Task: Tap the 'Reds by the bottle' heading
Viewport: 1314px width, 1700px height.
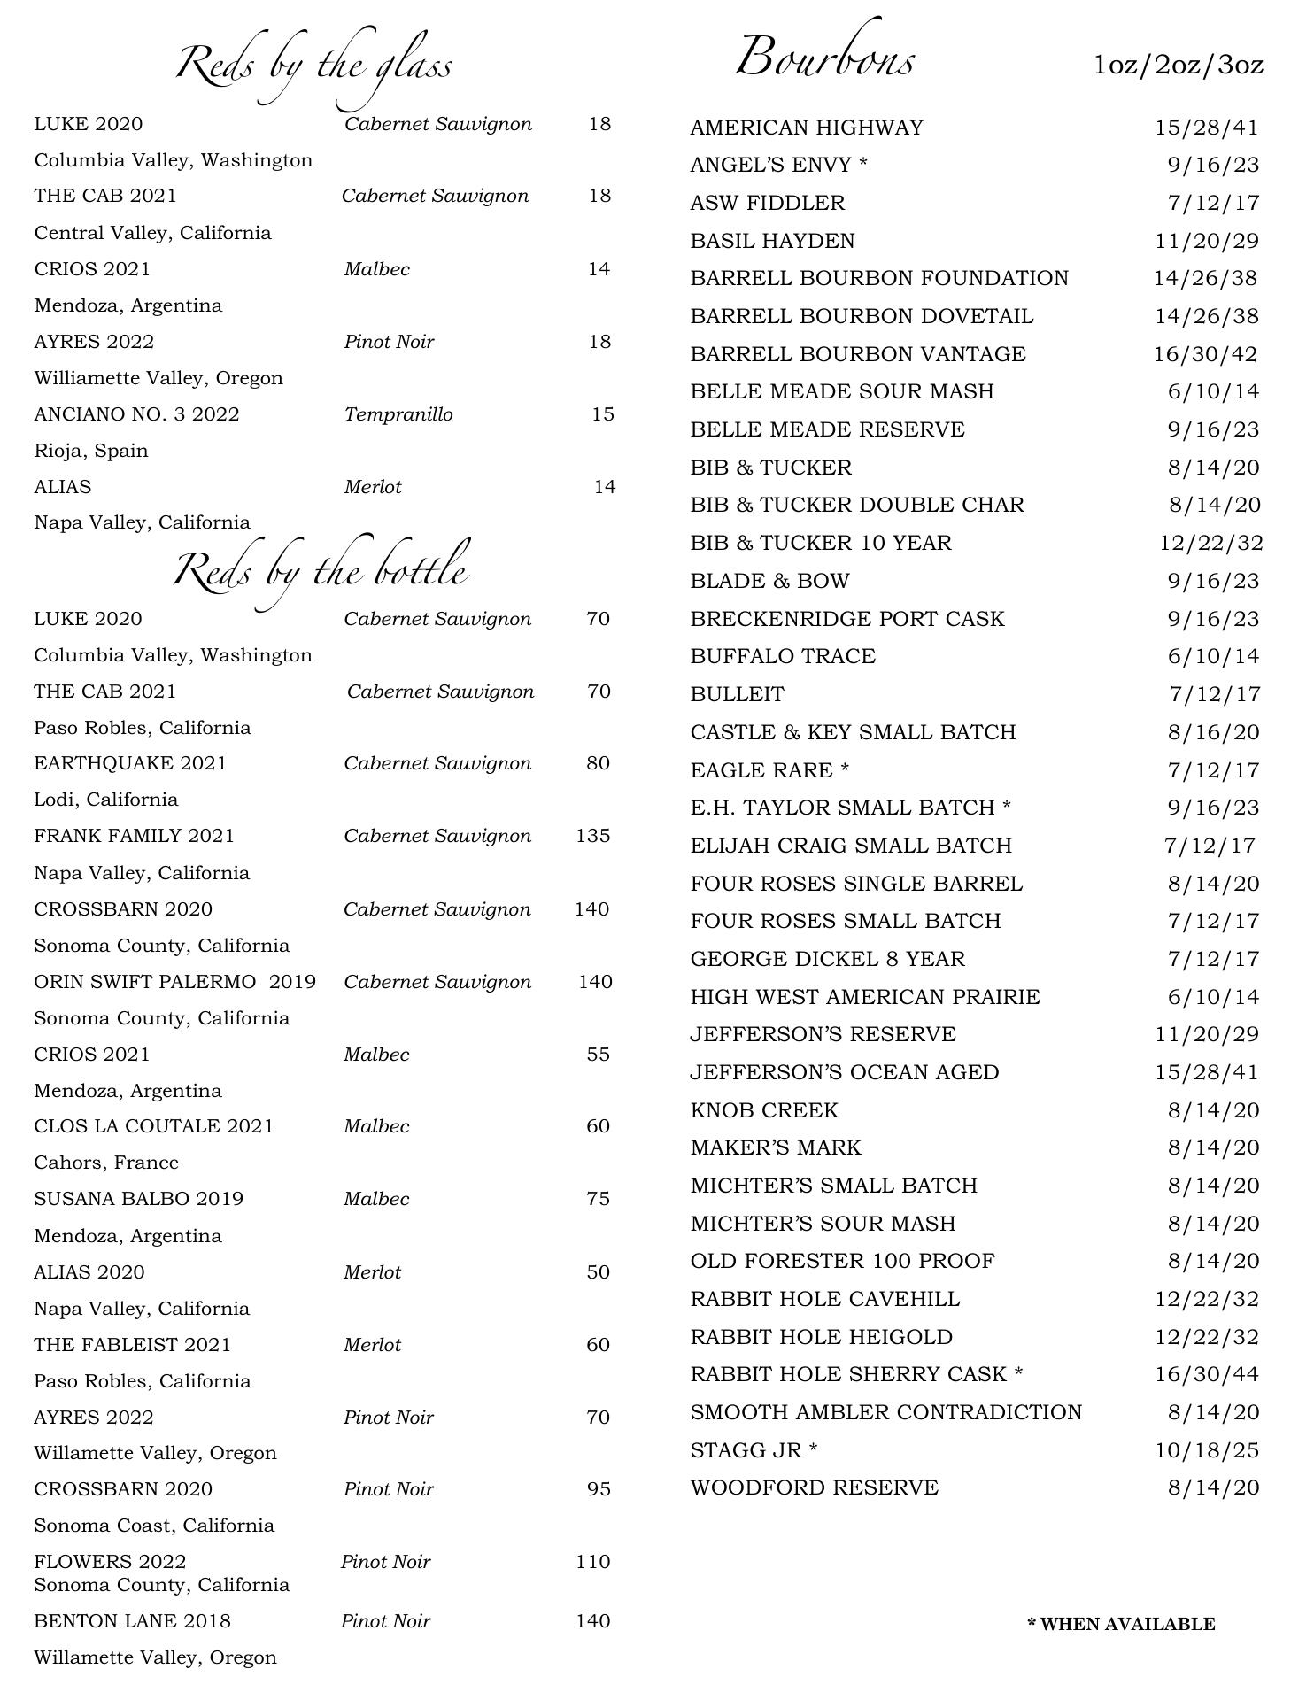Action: click(x=321, y=569)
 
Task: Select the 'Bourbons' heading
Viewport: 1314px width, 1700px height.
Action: click(x=824, y=59)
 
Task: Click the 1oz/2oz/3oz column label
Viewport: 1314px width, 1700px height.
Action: click(x=1178, y=65)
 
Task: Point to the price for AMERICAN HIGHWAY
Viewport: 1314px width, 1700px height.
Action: click(x=1206, y=127)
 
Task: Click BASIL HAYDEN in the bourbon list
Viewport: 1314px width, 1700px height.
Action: click(x=772, y=241)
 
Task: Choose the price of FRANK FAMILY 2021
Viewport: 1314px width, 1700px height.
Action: click(x=592, y=836)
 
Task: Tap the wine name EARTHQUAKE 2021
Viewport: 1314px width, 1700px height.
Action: click(x=130, y=763)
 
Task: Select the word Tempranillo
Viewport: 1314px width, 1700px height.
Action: click(x=398, y=414)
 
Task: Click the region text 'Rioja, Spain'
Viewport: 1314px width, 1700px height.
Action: click(x=91, y=451)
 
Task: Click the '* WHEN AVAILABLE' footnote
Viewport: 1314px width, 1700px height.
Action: click(x=1121, y=1624)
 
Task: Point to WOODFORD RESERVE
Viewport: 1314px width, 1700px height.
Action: click(x=814, y=1487)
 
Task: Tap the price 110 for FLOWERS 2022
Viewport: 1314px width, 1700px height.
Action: click(x=592, y=1561)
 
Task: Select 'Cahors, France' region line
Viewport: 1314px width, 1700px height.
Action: click(x=106, y=1163)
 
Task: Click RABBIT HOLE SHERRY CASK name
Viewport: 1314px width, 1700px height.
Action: click(x=856, y=1374)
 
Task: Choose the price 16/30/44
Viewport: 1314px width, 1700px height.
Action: click(x=1206, y=1374)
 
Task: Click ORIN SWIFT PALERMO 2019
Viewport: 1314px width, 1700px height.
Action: click(x=174, y=982)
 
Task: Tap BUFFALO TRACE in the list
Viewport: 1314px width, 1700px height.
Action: click(x=783, y=656)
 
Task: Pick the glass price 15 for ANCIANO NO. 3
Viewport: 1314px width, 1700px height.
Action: click(x=602, y=414)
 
